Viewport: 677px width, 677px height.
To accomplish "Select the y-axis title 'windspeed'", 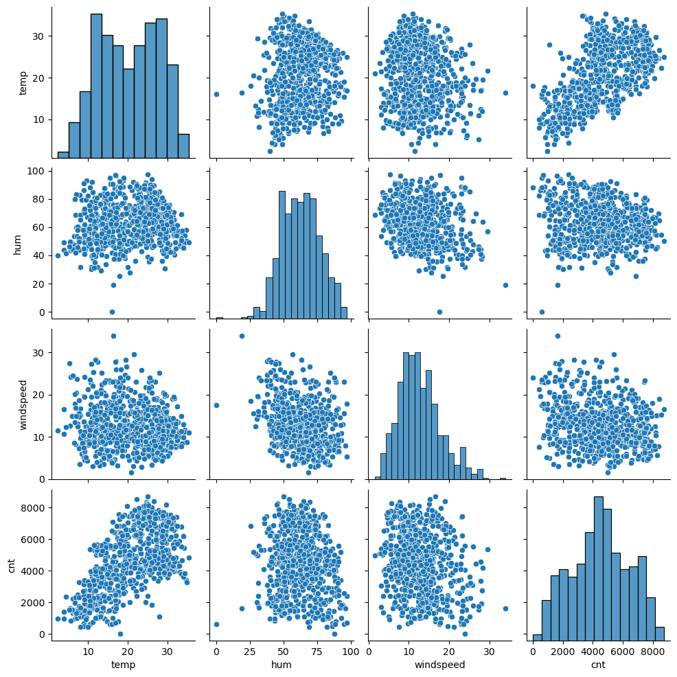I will (x=23, y=405).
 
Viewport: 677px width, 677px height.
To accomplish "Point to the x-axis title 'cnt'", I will (x=598, y=665).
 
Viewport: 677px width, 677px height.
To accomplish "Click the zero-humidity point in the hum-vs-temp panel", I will (x=113, y=312).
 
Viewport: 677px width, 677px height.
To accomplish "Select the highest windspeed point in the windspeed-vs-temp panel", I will (x=113, y=336).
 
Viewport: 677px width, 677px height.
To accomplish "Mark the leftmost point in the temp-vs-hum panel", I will (x=216, y=94).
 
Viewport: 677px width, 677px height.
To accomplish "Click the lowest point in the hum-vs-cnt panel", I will (x=542, y=312).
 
